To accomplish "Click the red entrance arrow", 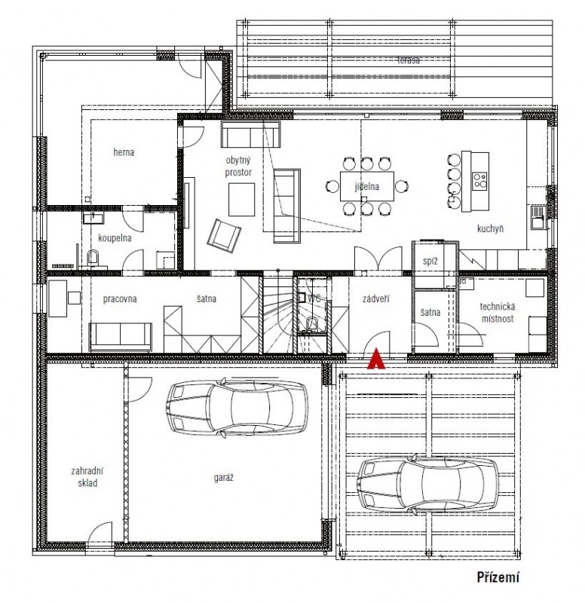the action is [x=375, y=360].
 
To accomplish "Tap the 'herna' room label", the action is [x=124, y=152].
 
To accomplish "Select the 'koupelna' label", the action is [x=115, y=238].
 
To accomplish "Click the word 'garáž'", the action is [x=223, y=478].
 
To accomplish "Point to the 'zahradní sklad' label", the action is [x=87, y=477].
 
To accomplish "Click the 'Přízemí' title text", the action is [x=498, y=577].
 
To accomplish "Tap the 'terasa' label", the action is [x=409, y=60].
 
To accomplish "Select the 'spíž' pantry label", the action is [x=430, y=262].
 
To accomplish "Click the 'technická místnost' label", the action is [x=498, y=313].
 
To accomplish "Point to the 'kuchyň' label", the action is [x=490, y=229].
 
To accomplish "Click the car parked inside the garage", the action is [x=237, y=408].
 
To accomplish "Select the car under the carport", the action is [x=427, y=484].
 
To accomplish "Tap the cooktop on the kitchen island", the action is [x=480, y=181].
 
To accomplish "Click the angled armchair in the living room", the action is [x=224, y=236].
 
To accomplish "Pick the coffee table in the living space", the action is [x=241, y=200].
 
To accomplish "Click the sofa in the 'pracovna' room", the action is [x=121, y=337].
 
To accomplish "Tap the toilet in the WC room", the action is [x=312, y=324].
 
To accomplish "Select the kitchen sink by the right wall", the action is [x=538, y=218].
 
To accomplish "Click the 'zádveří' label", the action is [x=375, y=298].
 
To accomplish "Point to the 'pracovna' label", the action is [x=120, y=299].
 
